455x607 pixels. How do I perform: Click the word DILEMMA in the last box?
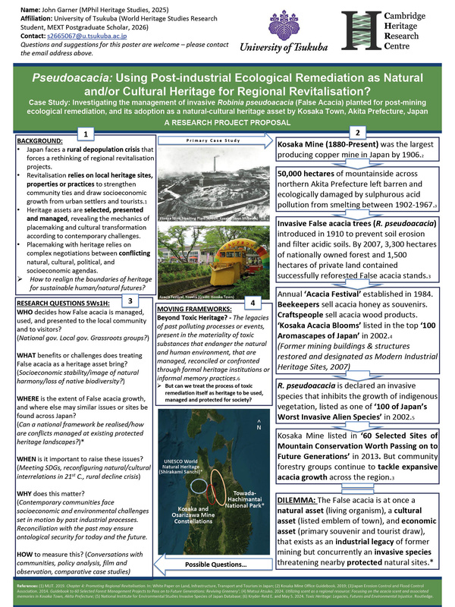297,502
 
